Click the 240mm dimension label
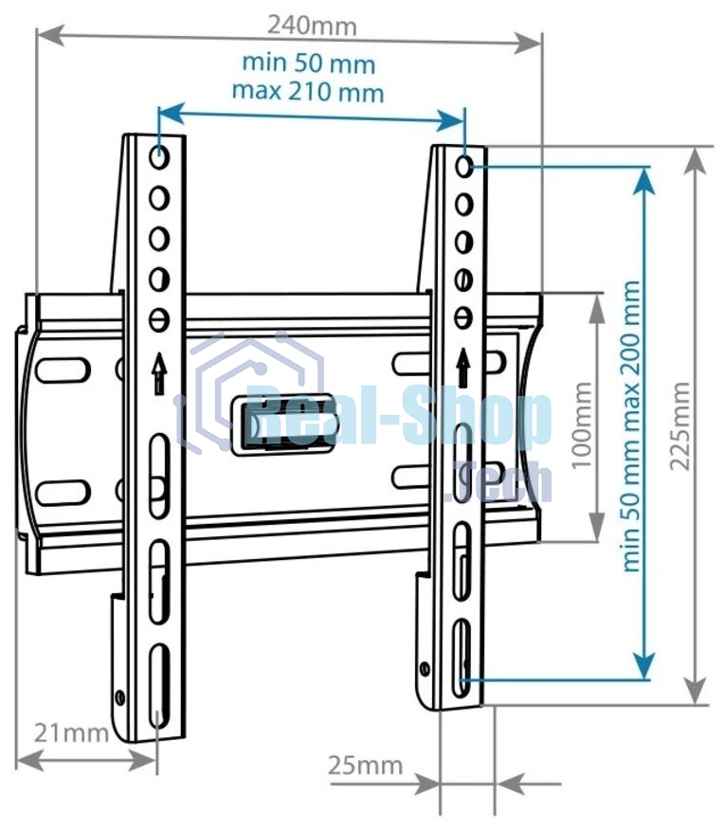(x=312, y=26)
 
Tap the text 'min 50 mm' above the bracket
(x=309, y=63)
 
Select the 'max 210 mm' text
(x=308, y=92)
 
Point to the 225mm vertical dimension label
(x=679, y=426)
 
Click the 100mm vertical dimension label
(x=582, y=425)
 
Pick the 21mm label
(x=71, y=733)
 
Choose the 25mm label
(x=365, y=766)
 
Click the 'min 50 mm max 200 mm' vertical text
(x=631, y=426)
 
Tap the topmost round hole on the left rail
(x=159, y=157)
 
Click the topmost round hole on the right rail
(x=464, y=167)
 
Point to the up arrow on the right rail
(x=463, y=368)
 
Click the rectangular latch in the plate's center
(x=282, y=424)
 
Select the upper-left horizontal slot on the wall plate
(x=63, y=370)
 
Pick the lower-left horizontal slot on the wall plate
(x=63, y=493)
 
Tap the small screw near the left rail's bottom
(x=120, y=697)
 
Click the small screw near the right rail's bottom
(x=425, y=669)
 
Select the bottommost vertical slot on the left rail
(x=159, y=687)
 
